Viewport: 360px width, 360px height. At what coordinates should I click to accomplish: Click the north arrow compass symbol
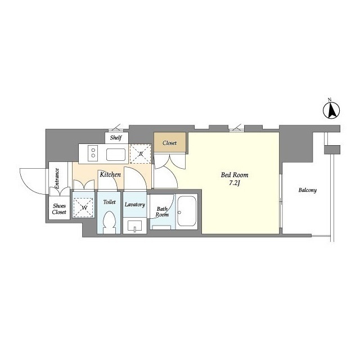coord(331,110)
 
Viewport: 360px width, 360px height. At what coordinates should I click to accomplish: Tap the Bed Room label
coord(235,175)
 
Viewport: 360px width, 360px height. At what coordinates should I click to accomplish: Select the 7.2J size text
coord(235,183)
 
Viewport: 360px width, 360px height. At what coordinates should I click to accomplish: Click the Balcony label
coord(308,190)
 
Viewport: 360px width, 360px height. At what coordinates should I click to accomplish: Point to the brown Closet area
coord(170,142)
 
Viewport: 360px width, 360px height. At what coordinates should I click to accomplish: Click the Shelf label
coord(116,138)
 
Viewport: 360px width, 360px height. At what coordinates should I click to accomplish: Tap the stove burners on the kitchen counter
coord(93,153)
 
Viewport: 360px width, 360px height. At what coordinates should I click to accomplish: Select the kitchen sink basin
coord(116,155)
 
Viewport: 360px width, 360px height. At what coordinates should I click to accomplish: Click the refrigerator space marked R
coord(141,154)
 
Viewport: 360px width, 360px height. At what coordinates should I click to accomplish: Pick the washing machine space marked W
coord(83,208)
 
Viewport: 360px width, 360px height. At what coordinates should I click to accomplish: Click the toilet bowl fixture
coord(110,222)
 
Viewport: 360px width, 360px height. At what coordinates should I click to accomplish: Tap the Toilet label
coord(109,202)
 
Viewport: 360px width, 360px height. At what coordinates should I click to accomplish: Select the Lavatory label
coord(135,204)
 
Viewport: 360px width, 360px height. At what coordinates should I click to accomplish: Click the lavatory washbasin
coord(135,226)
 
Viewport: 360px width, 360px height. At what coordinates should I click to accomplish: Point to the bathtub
coord(187,211)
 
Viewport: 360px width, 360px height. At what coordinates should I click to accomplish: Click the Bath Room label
coord(162,211)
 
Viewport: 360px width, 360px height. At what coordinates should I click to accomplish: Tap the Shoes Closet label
coord(59,209)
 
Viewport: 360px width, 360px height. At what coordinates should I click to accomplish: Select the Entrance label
coord(57,178)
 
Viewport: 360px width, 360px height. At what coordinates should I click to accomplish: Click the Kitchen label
coord(110,174)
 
